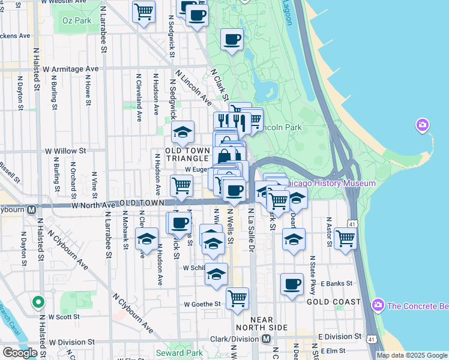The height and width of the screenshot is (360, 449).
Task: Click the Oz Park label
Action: pyautogui.click(x=76, y=20)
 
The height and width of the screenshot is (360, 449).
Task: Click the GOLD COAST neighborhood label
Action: pyautogui.click(x=334, y=302)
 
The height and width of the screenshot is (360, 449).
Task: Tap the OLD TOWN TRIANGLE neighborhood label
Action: pyautogui.click(x=188, y=154)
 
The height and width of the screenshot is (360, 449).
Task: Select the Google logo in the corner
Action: pyautogui.click(x=20, y=353)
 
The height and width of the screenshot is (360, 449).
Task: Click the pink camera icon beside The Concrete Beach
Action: pyautogui.click(x=378, y=305)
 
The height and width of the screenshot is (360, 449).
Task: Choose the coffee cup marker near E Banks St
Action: pyautogui.click(x=292, y=284)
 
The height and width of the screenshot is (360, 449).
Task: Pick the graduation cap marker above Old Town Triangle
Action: pyautogui.click(x=183, y=131)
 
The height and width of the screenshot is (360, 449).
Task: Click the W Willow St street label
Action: pyautogui.click(x=67, y=151)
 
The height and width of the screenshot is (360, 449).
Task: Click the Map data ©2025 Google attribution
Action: pyautogui.click(x=412, y=355)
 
